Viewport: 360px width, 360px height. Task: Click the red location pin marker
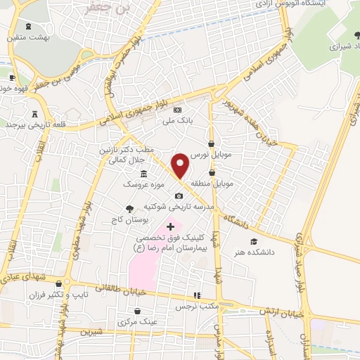click(181, 165)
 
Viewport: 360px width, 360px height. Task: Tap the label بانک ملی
click(177, 120)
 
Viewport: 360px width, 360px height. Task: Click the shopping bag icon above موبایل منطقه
click(212, 172)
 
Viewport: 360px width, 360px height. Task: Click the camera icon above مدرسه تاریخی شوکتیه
click(179, 195)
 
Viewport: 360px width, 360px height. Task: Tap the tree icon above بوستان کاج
click(129, 208)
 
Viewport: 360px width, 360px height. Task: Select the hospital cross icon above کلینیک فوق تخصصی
click(170, 226)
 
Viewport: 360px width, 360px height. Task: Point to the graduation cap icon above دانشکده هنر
click(264, 241)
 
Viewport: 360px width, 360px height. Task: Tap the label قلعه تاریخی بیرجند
click(34, 124)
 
